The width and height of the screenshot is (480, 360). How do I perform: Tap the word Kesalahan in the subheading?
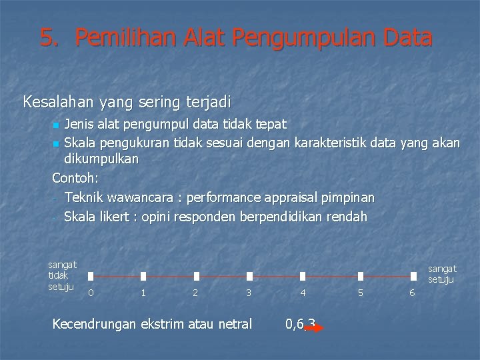coord(59,103)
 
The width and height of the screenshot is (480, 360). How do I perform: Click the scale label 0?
coord(91,292)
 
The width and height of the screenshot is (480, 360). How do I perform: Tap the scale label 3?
coord(249,292)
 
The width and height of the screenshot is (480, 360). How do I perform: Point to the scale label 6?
coord(412,292)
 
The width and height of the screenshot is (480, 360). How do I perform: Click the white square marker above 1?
coord(143,276)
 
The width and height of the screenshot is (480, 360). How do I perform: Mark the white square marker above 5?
coord(361,276)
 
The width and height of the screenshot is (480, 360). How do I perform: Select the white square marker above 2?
coord(196,276)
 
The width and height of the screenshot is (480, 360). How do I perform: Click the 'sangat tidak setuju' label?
coord(62,275)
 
